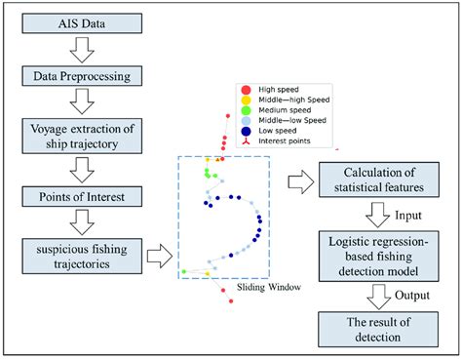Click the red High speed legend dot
(244, 88)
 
